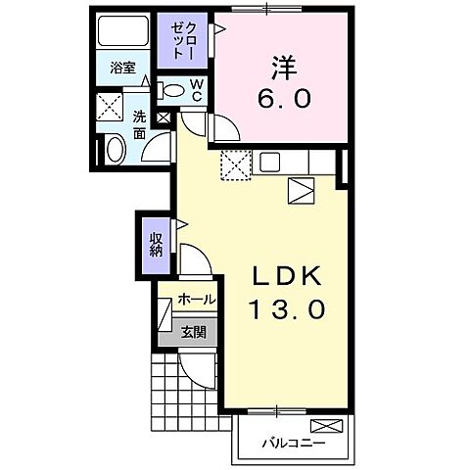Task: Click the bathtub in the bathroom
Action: click(x=124, y=31)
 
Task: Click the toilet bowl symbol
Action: click(x=173, y=91)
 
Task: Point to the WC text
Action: click(x=196, y=91)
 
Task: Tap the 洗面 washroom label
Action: click(x=139, y=124)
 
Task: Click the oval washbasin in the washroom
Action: click(x=114, y=150)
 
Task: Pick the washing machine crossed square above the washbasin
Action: click(x=109, y=107)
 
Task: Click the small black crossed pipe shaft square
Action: click(x=163, y=118)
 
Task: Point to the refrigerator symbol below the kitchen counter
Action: click(x=301, y=189)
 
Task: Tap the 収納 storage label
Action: click(x=155, y=241)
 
